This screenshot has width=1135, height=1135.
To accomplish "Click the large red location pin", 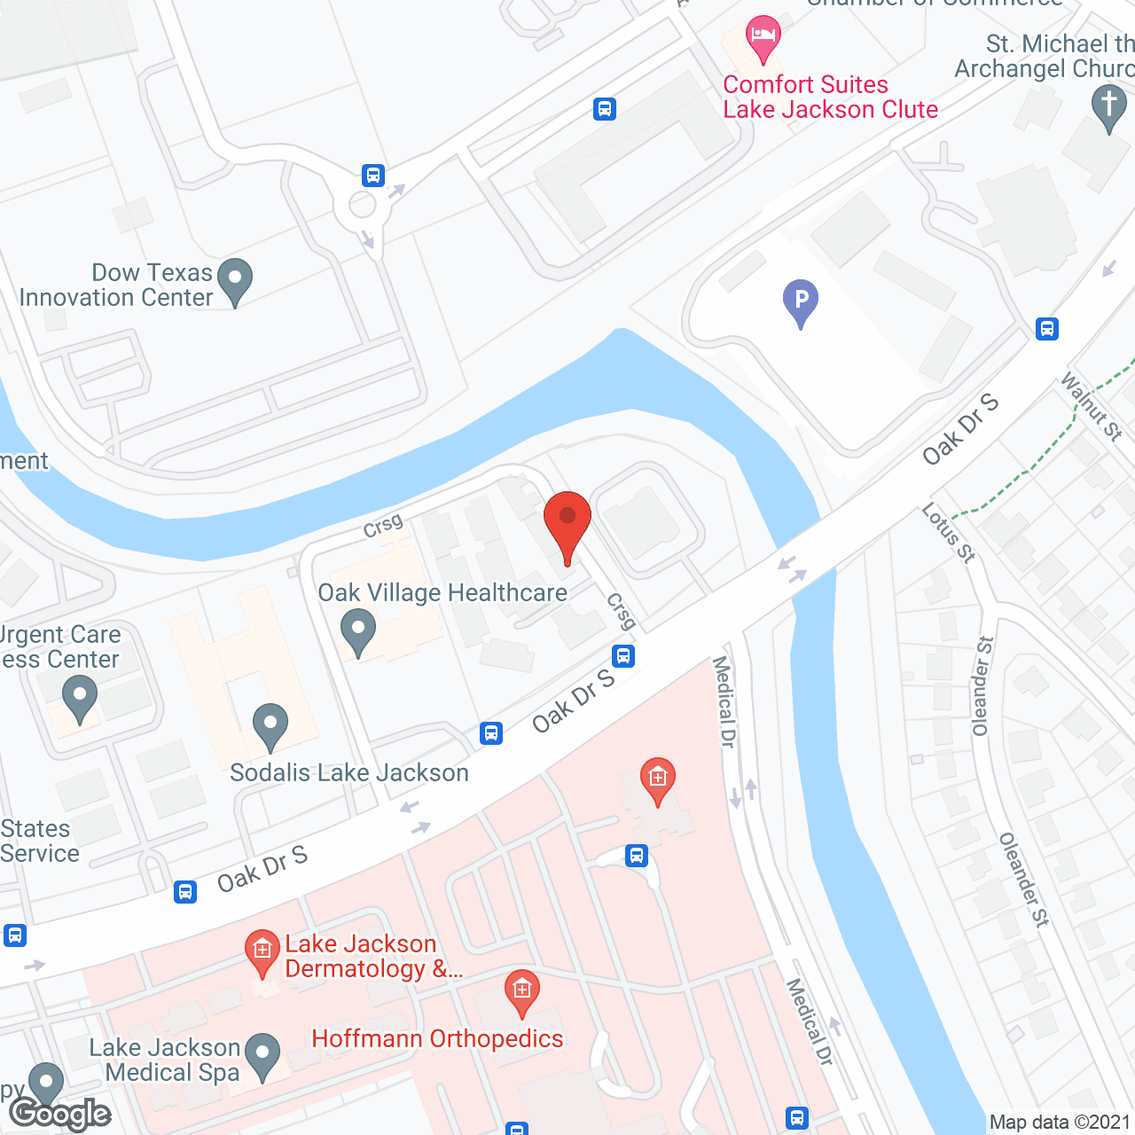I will (567, 523).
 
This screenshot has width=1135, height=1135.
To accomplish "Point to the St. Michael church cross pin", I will (1109, 107).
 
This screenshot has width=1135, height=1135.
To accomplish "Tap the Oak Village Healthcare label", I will (442, 593).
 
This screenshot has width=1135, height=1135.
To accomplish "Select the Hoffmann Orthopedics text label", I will (437, 1038).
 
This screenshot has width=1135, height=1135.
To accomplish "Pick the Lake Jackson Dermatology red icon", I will (262, 951).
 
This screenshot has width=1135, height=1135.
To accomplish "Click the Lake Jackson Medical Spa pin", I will (262, 1055).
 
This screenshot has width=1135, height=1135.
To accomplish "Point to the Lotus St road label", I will (948, 532).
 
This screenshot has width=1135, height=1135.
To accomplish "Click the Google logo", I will (61, 1114).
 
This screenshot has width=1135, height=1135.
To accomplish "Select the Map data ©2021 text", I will (1060, 1123).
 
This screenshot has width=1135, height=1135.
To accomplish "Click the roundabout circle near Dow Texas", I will (362, 205).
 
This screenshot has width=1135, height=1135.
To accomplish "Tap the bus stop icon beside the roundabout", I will (373, 175).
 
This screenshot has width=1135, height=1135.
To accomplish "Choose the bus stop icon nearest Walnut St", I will (1047, 329).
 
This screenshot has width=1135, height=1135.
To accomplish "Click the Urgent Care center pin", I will (79, 698).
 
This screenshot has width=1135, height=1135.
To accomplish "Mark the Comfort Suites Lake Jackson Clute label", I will (830, 97).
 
